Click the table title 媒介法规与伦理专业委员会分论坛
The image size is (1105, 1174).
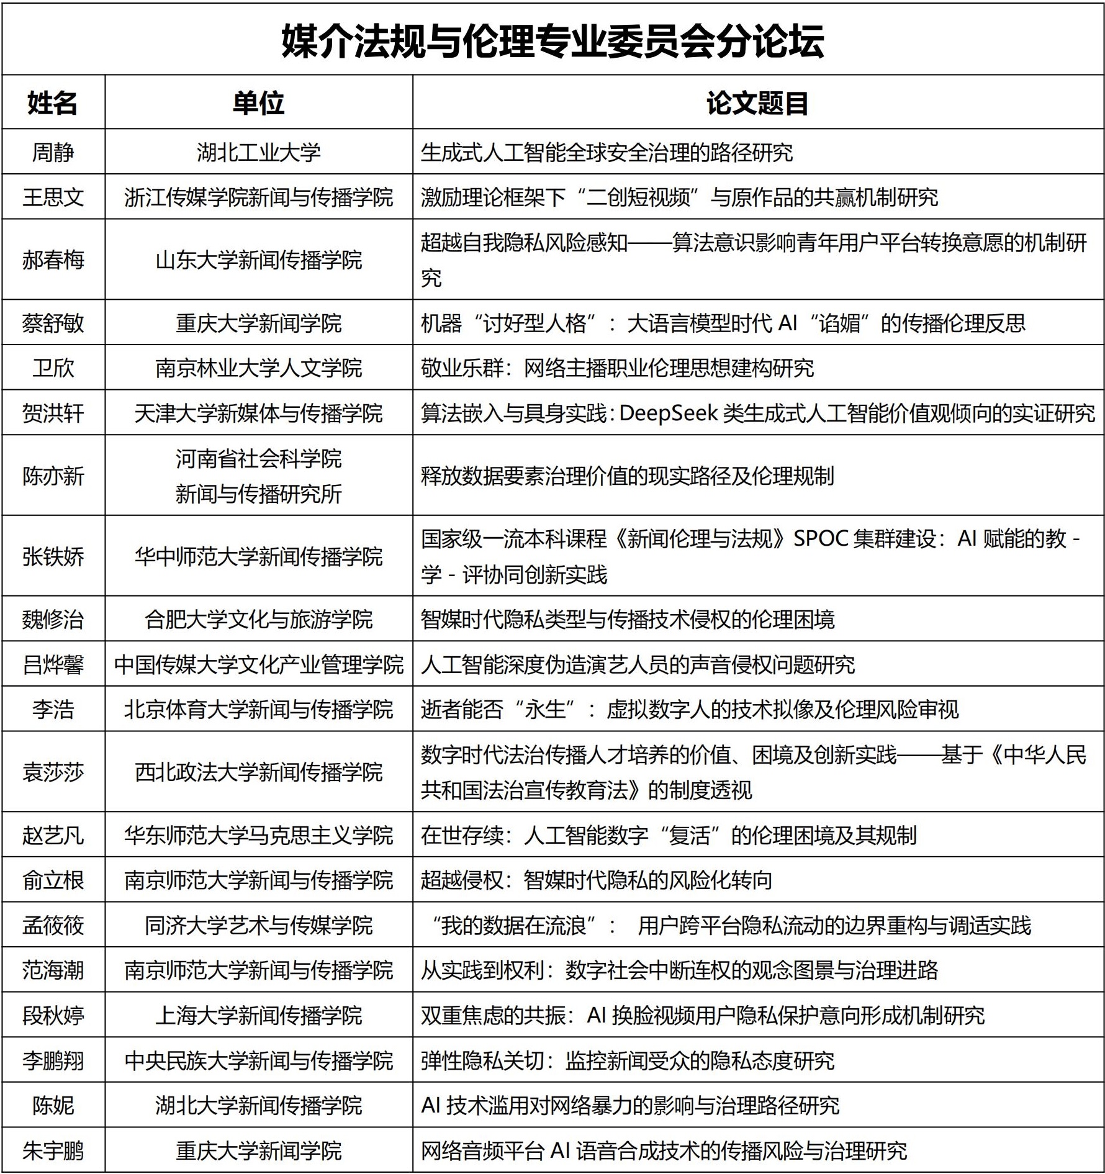coord(552,41)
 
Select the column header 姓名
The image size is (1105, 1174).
coord(53,103)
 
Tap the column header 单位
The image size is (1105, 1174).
coord(258,103)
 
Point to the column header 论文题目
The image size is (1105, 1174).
coord(757,103)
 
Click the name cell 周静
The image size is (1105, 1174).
coord(53,152)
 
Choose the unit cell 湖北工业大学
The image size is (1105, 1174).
coord(258,152)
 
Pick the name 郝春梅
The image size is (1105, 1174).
coord(53,260)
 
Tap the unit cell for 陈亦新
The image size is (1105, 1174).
coord(258,476)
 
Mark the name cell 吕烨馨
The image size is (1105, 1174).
coord(53,664)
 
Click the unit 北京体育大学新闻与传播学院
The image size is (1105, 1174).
coord(258,709)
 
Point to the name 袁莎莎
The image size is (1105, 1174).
coord(53,772)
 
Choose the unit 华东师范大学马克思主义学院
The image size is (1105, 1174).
coord(258,835)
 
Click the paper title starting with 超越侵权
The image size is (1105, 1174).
coord(596,880)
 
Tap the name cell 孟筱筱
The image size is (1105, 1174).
coord(53,925)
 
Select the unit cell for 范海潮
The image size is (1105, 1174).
coord(258,970)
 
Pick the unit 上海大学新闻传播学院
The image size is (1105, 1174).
coord(258,1015)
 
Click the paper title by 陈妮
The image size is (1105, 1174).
coord(629,1105)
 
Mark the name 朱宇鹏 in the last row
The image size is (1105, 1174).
coord(53,1150)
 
